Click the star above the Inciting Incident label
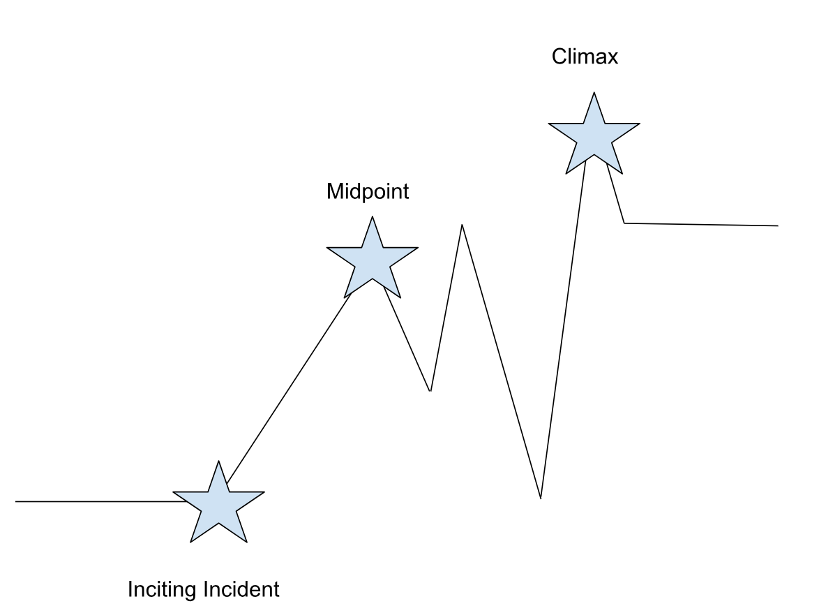coord(218,504)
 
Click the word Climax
coord(585,57)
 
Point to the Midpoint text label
coord(368,191)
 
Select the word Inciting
coord(163,589)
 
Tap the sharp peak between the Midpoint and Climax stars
coord(462,225)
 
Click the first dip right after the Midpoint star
coord(430,390)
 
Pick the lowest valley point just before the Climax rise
coord(541,498)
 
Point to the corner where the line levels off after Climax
coord(624,223)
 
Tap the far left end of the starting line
coord(17,501)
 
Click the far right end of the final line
coord(776,226)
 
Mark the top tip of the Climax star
coord(594,93)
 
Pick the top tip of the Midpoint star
coord(372,217)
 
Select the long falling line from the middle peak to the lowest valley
coord(501,360)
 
